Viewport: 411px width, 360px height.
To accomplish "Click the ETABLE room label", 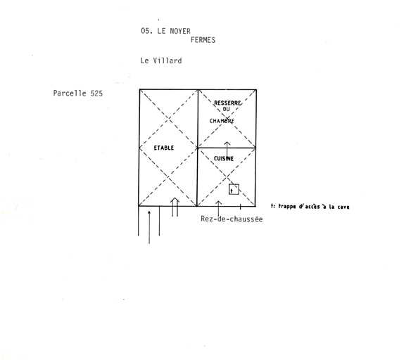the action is (164, 148).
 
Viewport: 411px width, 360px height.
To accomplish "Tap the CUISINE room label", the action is (224, 158).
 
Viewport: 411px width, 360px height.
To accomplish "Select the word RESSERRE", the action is (227, 103).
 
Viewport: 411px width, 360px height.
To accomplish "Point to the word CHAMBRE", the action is (222, 121).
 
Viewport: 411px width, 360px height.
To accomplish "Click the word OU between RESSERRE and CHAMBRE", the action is (226, 109).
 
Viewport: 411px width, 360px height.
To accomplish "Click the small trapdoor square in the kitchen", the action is (234, 189).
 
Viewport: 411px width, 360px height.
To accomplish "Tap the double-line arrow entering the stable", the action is (175, 207).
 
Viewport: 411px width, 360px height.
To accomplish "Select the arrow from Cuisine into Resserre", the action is (227, 150).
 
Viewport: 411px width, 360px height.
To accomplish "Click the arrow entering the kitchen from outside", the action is (218, 208).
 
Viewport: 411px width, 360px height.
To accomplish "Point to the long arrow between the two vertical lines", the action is (149, 227).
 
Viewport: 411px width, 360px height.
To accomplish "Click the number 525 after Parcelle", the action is (96, 94).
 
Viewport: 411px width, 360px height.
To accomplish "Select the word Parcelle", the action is (70, 94).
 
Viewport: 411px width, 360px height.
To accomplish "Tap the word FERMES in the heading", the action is (203, 40).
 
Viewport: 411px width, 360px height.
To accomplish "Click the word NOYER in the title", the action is (180, 31).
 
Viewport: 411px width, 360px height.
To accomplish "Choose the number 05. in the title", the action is (147, 31).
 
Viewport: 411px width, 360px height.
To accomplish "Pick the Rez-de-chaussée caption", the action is (232, 219).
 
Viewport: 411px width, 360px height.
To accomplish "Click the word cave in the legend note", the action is (343, 207).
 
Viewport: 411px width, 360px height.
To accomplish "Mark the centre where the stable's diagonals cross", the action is (168, 148).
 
